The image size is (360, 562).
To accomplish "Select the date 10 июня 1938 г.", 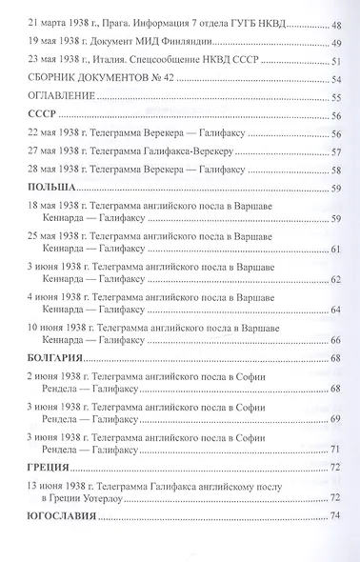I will click(x=58, y=327).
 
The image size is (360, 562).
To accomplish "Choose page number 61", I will click(x=334, y=250).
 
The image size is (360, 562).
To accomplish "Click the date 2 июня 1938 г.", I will click(x=54, y=378).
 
